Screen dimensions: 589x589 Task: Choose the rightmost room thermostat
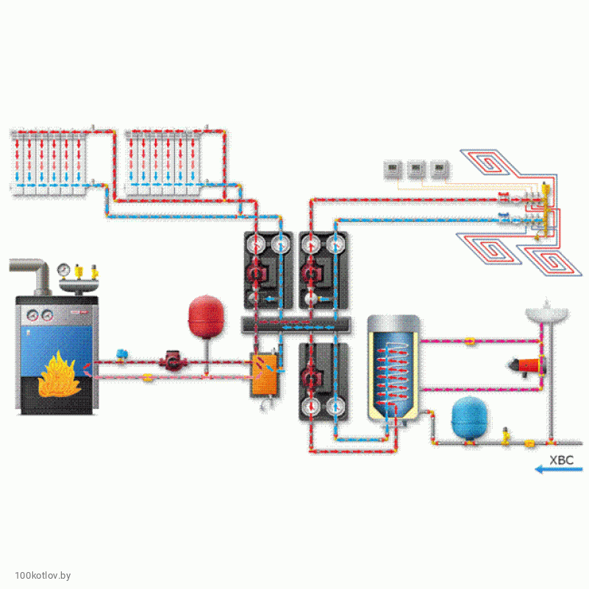[x=440, y=170]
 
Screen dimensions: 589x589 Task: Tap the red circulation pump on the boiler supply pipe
[x=171, y=361]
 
